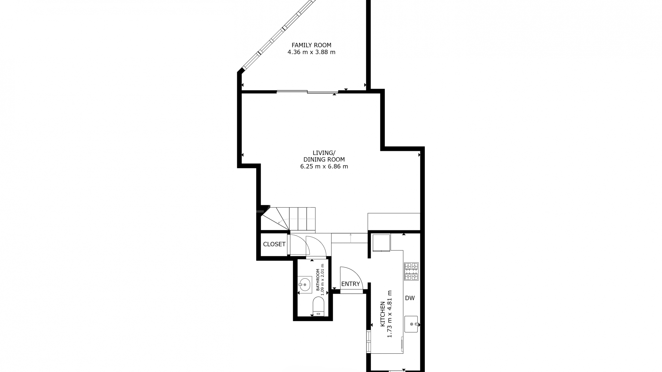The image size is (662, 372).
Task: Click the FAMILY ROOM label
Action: coord(311,45)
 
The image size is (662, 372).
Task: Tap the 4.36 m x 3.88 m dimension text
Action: coord(311,52)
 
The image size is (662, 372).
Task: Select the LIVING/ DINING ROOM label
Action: coord(324,156)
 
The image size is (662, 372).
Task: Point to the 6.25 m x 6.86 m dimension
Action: coord(324,167)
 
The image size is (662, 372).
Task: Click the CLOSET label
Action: coord(274,244)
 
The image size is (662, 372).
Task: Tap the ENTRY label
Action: coord(350,284)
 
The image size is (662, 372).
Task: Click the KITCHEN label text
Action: coord(383,314)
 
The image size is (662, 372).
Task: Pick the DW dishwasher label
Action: coord(410,298)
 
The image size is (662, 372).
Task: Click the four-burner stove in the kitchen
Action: coord(411,271)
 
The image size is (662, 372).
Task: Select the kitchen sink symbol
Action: coord(411,324)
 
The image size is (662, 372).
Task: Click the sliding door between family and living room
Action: coord(307,92)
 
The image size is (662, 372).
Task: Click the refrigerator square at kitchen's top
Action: coord(381,242)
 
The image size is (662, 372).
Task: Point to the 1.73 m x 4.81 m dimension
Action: coord(390,314)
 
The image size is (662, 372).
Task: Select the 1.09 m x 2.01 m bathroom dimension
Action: coord(323,280)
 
